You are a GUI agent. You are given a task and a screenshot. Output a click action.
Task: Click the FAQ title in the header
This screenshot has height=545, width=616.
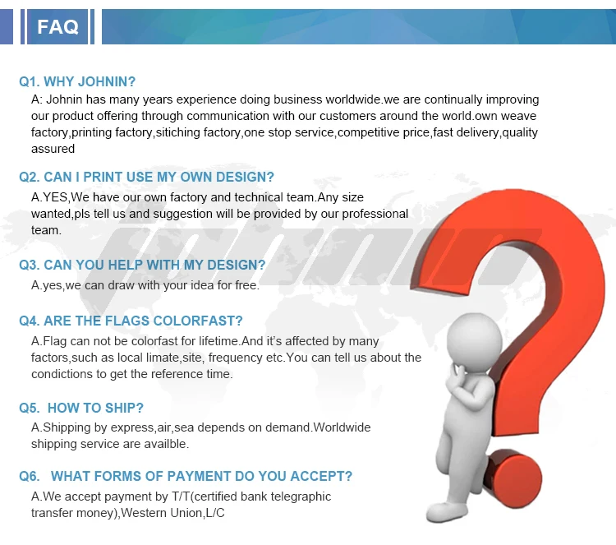(x=57, y=27)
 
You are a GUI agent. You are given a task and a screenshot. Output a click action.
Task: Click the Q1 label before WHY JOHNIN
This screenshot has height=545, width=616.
(x=29, y=81)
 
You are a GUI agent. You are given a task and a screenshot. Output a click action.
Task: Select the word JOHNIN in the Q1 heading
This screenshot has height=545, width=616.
(x=111, y=81)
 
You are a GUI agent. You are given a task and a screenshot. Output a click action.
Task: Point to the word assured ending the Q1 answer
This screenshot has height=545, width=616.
(x=53, y=149)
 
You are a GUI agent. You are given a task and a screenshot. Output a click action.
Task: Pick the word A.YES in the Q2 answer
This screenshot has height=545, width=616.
(x=49, y=197)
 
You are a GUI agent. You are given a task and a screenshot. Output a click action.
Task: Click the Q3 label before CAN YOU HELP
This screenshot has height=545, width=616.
(x=29, y=265)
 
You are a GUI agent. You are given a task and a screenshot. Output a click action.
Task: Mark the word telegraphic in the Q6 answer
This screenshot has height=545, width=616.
(x=296, y=497)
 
